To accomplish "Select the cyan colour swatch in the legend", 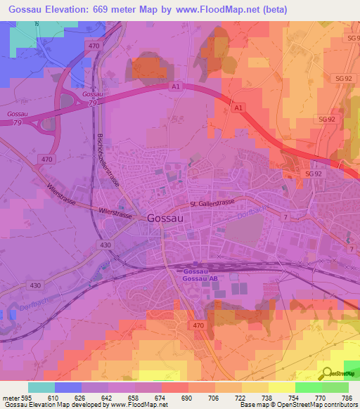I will click(41, 387).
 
